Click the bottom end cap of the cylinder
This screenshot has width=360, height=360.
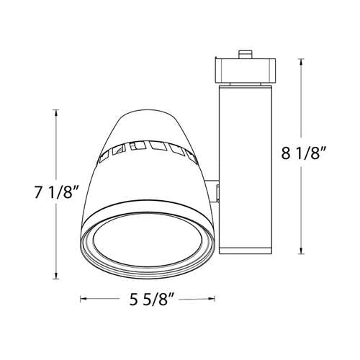point(245,250)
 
